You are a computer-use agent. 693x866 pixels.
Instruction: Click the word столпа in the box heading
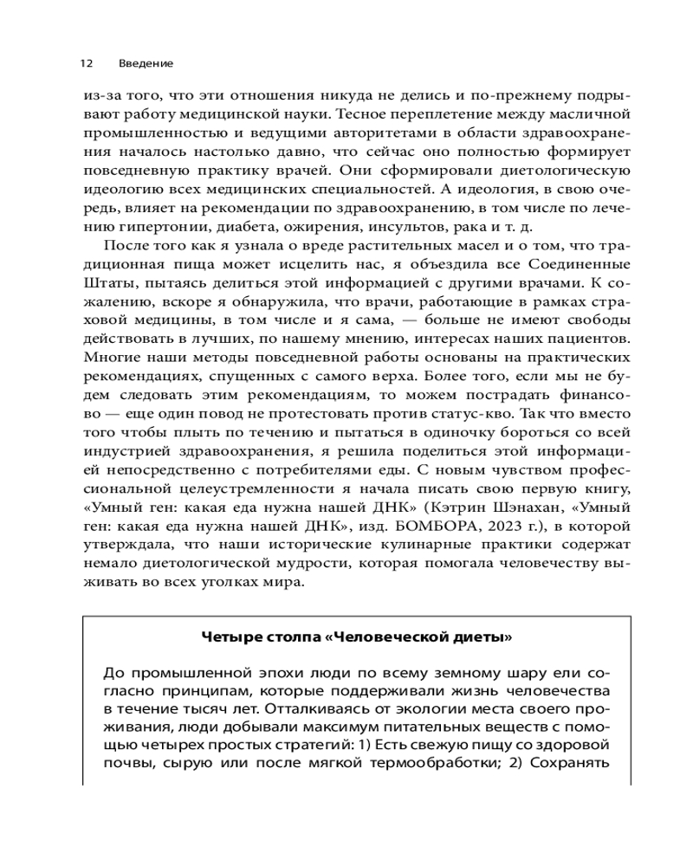[295, 637]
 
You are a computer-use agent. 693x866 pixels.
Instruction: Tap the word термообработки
[444, 763]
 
